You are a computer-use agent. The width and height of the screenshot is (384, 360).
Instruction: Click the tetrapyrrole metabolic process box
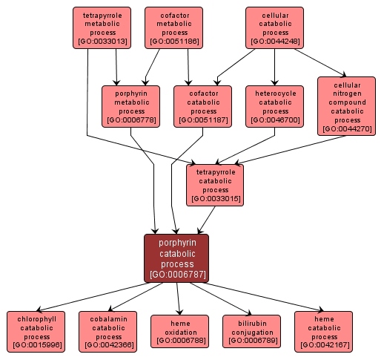point(102,27)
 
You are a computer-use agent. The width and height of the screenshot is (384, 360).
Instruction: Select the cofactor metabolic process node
point(174,27)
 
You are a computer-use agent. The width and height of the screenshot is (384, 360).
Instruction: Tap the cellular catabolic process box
point(275,27)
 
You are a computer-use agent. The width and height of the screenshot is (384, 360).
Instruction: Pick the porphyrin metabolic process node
point(131,105)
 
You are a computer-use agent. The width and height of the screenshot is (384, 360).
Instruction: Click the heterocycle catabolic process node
point(275,105)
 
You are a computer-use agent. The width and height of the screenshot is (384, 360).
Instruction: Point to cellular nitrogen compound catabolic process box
point(347,105)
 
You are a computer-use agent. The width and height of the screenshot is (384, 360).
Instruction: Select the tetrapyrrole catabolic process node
point(215,184)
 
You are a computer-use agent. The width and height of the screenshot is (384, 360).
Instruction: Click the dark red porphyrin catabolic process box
point(176,258)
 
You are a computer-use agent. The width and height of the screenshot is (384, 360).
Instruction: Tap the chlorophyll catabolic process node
point(36,331)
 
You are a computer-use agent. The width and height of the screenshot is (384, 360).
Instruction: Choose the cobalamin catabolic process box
point(108,331)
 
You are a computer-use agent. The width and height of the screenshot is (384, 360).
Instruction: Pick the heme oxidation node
point(179,331)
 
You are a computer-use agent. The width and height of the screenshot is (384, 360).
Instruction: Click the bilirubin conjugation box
point(251,331)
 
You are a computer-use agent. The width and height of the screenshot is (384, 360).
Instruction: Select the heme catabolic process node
point(322,331)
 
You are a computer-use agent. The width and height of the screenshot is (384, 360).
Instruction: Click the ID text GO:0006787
point(176,275)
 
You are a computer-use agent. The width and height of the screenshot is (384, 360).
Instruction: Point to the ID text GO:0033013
point(102,42)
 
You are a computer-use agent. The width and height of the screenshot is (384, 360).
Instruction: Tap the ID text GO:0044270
point(347,129)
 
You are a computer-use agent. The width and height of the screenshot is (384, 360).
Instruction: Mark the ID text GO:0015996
point(36,345)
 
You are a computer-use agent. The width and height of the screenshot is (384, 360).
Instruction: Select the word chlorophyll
point(36,317)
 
